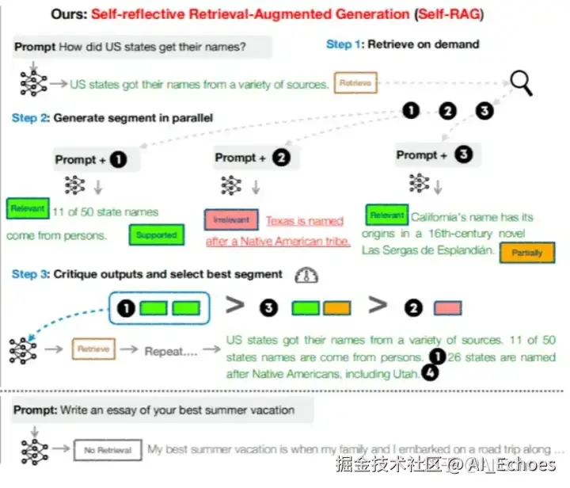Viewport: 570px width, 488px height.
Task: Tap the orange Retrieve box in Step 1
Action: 355,82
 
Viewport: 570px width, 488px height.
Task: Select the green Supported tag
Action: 156,235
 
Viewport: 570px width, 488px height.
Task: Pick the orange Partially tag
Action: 526,253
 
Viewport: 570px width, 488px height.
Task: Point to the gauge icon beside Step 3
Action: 306,274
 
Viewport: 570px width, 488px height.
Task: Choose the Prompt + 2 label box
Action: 252,158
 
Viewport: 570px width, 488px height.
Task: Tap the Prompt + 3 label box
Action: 434,154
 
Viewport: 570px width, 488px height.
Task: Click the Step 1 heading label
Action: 344,44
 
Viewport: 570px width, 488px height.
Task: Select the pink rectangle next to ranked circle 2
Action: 448,307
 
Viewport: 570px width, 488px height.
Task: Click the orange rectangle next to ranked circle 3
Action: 336,307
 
